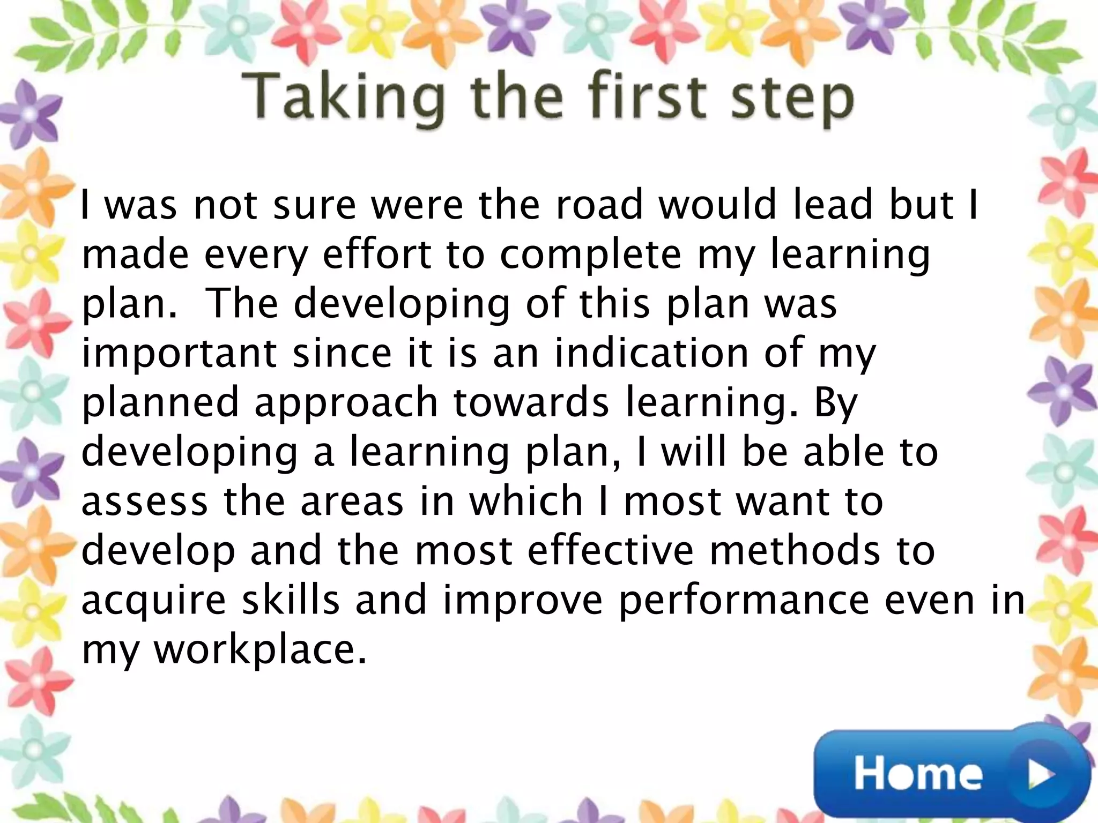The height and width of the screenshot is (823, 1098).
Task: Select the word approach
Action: (x=346, y=403)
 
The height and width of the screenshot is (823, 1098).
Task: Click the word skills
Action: (x=291, y=600)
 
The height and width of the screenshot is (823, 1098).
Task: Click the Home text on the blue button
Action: (x=918, y=774)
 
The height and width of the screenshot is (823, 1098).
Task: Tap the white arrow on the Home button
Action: (x=1041, y=774)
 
